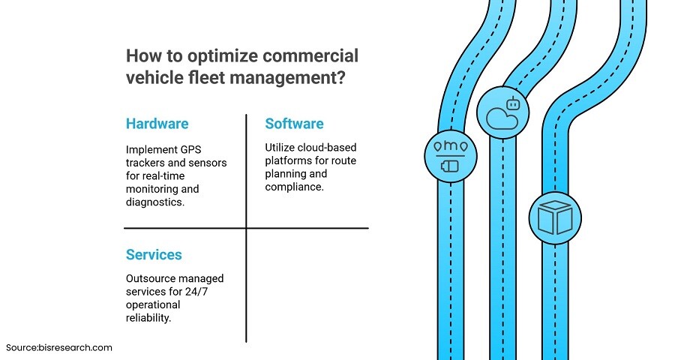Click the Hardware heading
(157, 124)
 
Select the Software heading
(294, 124)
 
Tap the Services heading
(154, 255)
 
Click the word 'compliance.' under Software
(294, 187)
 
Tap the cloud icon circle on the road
(503, 112)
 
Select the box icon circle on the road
(554, 217)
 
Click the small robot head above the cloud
(514, 104)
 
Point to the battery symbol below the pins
(450, 165)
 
